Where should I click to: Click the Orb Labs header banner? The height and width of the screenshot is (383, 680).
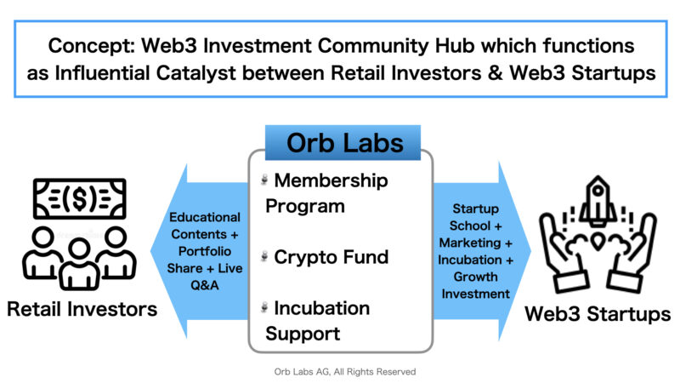click(x=343, y=143)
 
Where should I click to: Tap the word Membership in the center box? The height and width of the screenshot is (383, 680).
click(x=331, y=180)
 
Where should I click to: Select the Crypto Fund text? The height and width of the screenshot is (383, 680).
click(x=331, y=257)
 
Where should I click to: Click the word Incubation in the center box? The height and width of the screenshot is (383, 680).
click(x=322, y=308)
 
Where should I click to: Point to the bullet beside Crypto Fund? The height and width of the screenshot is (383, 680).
click(x=264, y=257)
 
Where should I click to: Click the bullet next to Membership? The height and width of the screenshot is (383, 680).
click(x=264, y=180)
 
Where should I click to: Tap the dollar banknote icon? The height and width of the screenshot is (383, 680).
click(x=80, y=198)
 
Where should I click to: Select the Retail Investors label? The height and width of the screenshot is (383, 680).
click(x=82, y=309)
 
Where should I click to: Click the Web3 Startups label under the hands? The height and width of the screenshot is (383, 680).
click(x=598, y=314)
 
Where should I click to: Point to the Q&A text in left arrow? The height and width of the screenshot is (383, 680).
click(x=205, y=285)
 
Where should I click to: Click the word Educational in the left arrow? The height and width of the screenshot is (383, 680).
click(x=205, y=217)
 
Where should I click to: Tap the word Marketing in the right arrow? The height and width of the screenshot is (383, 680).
click(x=470, y=243)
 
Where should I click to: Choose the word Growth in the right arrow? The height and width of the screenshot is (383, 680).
click(x=476, y=277)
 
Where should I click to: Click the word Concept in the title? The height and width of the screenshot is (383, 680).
click(x=92, y=46)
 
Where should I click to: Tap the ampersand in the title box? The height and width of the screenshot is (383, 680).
click(x=496, y=73)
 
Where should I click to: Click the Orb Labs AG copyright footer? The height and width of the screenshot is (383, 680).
click(x=345, y=372)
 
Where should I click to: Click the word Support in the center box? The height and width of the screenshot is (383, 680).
click(x=303, y=334)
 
